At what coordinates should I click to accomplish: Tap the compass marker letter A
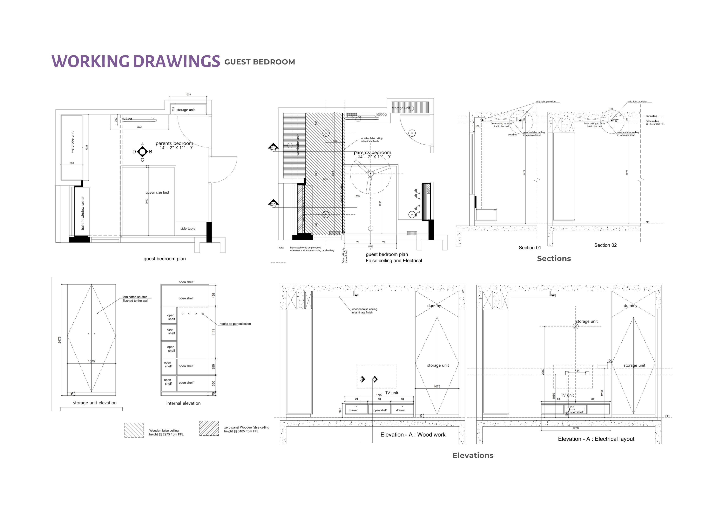click(142, 144)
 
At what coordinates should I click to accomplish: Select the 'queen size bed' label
click(157, 193)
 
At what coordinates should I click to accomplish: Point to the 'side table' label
click(188, 228)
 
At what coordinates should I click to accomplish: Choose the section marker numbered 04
click(273, 204)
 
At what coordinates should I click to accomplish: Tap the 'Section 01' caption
click(530, 248)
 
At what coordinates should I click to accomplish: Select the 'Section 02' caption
click(605, 245)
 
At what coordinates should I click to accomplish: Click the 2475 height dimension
click(60, 340)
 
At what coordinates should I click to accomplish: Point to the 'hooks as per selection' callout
click(235, 324)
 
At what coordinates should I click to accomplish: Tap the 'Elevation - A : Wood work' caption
click(413, 435)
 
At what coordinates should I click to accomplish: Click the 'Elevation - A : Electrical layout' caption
click(596, 439)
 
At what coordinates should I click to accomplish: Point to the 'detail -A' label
click(512, 135)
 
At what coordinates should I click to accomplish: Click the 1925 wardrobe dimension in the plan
click(87, 147)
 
